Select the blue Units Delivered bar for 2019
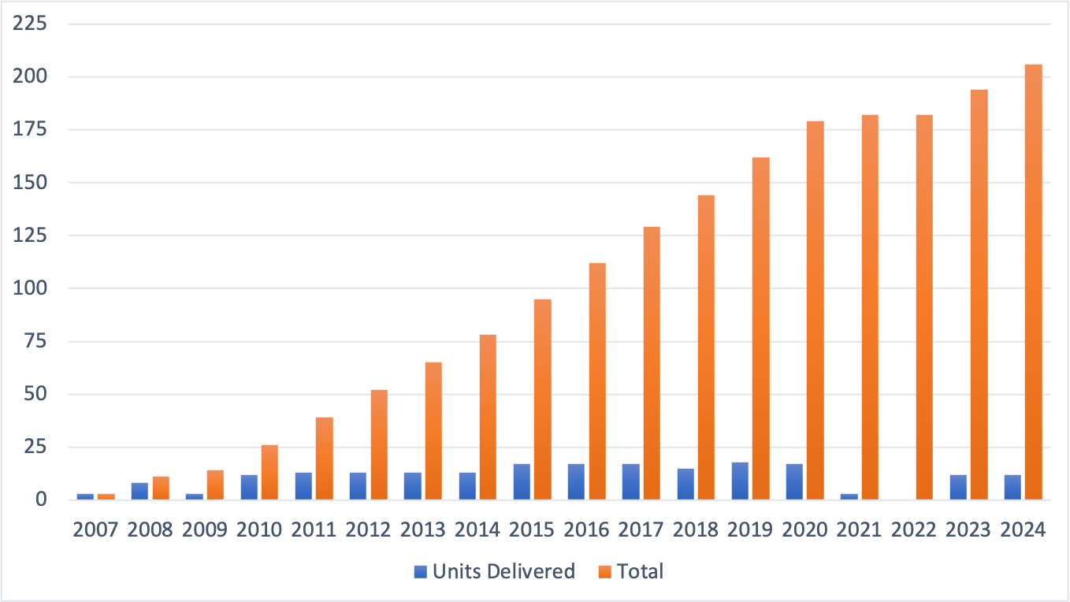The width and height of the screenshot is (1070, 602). click(740, 481)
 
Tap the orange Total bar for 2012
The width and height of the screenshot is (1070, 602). click(379, 444)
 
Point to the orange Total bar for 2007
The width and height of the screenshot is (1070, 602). click(106, 496)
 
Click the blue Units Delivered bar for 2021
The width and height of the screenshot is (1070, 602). click(849, 496)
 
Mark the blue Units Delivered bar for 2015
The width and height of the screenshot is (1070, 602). click(522, 481)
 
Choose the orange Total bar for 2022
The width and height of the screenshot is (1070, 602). click(924, 307)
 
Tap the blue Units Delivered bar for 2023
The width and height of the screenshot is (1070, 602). click(958, 487)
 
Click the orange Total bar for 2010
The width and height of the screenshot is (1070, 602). click(269, 472)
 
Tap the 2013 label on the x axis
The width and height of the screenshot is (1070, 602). click(423, 529)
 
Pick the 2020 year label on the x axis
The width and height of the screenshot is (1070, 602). click(805, 529)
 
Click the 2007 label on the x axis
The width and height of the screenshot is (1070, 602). click(95, 529)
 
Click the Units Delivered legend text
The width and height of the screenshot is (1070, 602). click(504, 571)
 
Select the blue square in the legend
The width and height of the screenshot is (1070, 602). click(422, 572)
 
